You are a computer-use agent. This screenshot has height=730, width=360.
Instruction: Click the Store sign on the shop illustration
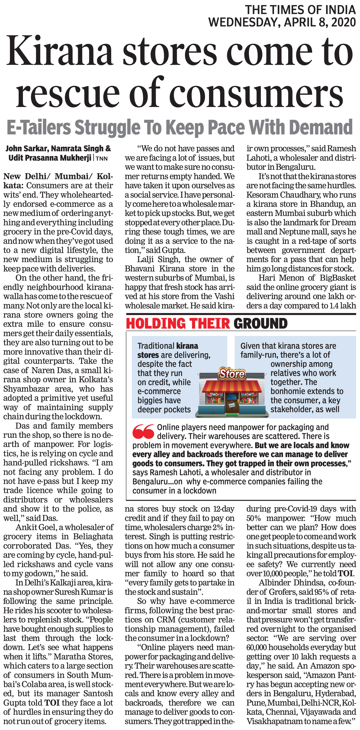coord(232,374)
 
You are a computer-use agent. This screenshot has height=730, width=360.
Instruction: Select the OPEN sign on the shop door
coord(232,405)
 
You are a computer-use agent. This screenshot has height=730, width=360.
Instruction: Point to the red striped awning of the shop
coord(232,386)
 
